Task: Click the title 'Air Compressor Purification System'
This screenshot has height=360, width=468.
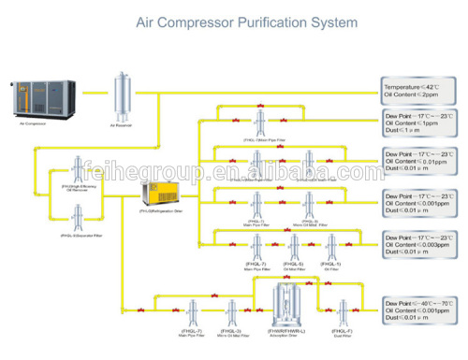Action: coord(233,20)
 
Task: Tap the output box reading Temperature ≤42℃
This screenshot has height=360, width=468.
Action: coord(420,90)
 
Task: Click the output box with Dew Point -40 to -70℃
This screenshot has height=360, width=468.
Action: coord(420,310)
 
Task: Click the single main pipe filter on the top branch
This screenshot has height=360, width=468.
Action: coord(258,122)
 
